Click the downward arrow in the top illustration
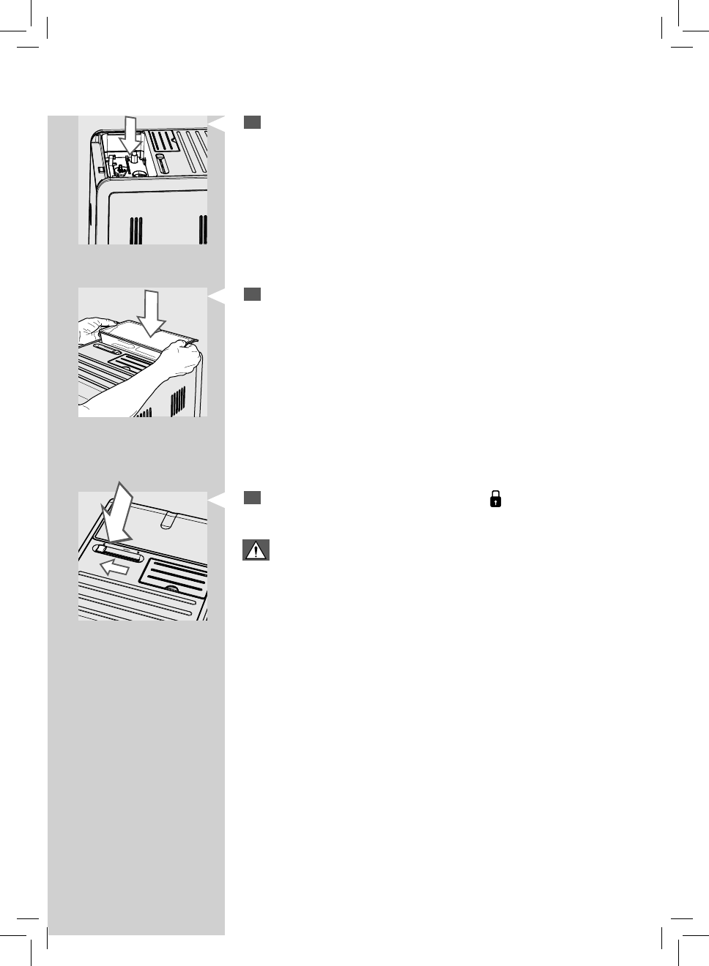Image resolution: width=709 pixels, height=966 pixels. click(131, 135)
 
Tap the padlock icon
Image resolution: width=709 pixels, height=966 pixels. click(496, 500)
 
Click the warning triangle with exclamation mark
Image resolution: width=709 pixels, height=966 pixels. click(256, 551)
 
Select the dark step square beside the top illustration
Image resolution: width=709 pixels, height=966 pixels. click(253, 122)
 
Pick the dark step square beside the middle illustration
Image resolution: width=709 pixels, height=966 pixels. click(253, 294)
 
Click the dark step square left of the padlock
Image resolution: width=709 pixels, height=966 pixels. click(253, 498)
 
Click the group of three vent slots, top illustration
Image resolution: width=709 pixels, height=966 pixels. click(136, 230)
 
